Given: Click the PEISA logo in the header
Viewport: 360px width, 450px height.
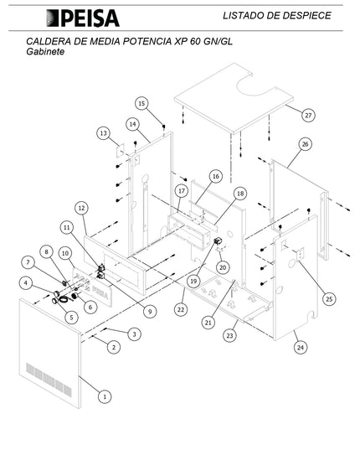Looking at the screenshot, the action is click(x=83, y=18).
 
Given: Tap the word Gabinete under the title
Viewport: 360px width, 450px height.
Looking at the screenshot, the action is click(x=45, y=52).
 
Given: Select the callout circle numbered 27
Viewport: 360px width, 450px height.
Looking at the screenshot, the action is click(x=308, y=116).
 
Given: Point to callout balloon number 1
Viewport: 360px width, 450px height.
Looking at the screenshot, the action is click(x=105, y=397).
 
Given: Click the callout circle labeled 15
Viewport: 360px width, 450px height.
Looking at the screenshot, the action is click(x=141, y=103).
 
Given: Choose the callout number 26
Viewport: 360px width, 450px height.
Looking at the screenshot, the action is click(x=306, y=144).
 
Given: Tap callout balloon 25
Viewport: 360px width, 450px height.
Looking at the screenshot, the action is click(x=329, y=299).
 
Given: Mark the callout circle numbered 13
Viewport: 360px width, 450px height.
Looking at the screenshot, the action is click(x=103, y=133).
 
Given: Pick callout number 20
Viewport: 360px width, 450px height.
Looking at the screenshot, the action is click(x=223, y=267).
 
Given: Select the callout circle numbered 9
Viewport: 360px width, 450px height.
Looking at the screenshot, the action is click(x=150, y=312).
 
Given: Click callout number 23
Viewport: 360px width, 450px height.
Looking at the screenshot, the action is click(x=230, y=335).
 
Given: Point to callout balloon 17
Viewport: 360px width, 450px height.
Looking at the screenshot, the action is click(x=182, y=191).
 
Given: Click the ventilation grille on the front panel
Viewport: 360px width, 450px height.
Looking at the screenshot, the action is click(x=49, y=380).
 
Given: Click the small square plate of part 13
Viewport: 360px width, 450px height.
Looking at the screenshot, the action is click(x=121, y=150).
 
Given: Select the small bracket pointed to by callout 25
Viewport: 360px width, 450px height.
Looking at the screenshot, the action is click(x=300, y=255).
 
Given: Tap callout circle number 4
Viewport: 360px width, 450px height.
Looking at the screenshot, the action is click(x=26, y=283).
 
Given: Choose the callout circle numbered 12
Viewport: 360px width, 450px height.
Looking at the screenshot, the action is click(x=82, y=208).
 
